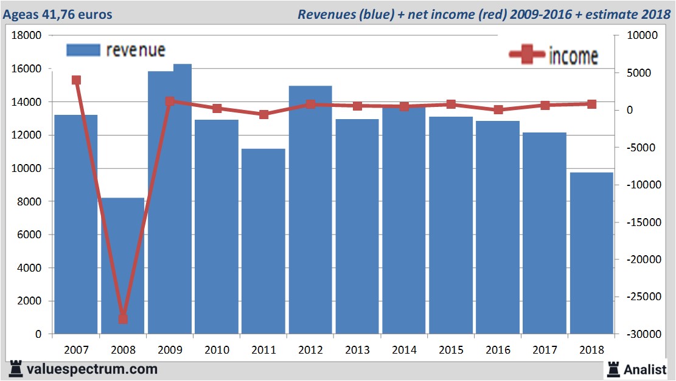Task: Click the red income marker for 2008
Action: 123,318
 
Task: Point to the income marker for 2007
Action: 76,80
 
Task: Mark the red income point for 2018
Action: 591,104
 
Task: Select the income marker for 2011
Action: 263,114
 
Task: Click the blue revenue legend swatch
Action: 82,50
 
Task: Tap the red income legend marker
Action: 526,55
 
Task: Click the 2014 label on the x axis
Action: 404,351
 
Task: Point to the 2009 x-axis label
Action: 170,351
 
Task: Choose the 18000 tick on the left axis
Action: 27,36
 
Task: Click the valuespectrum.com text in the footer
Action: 91,369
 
